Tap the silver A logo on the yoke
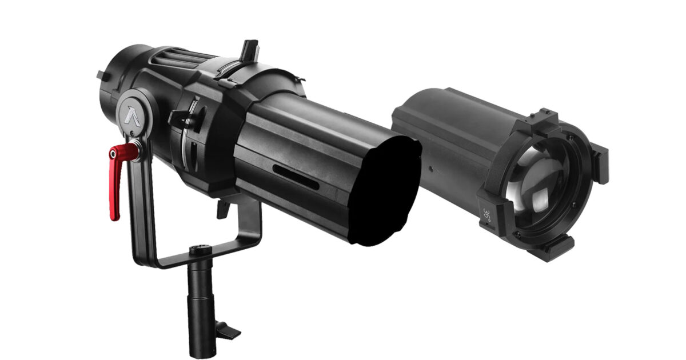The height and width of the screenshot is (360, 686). click(x=132, y=117)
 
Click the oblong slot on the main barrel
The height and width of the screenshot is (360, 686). click(x=296, y=177)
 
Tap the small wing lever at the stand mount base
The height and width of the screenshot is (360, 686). click(x=228, y=331)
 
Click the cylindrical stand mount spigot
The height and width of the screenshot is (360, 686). click(x=201, y=303)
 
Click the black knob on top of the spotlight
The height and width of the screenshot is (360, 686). click(x=250, y=50)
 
